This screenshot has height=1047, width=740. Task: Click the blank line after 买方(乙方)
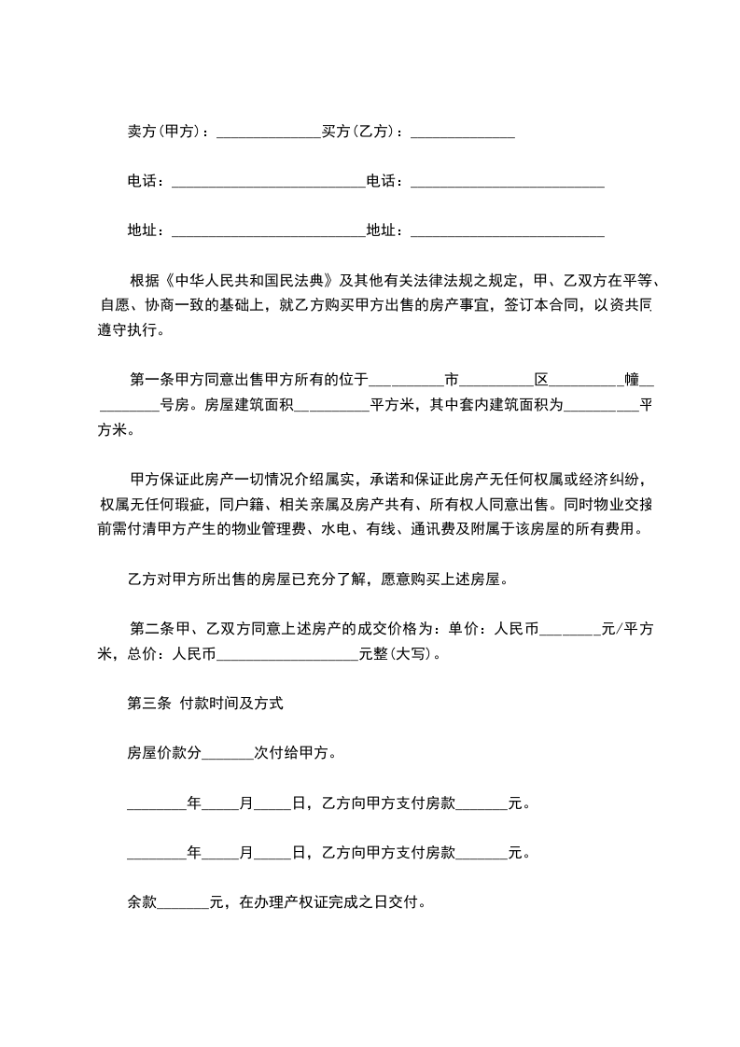click(x=462, y=133)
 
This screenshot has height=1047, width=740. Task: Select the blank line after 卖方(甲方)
click(x=269, y=133)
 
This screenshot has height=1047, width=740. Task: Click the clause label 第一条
click(x=151, y=379)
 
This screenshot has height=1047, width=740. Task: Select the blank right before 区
click(x=496, y=381)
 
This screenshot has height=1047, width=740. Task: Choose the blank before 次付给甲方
click(x=227, y=754)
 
